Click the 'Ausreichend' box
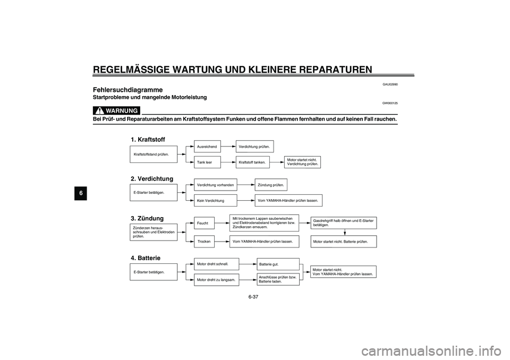click(207, 146)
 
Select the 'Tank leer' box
click(207, 162)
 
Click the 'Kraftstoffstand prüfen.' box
click(154, 154)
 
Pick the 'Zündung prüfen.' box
click(272, 184)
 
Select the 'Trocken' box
click(204, 241)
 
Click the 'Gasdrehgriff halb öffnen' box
click(343, 222)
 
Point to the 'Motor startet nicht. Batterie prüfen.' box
click(343, 241)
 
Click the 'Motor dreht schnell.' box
click(216, 263)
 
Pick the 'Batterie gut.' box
click(278, 263)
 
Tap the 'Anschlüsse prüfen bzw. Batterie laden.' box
click(278, 279)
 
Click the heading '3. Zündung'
click(147, 218)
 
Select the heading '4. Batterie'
click(146, 258)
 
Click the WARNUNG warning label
click(117, 110)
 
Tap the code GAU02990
click(390, 84)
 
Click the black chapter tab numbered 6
click(81, 193)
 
